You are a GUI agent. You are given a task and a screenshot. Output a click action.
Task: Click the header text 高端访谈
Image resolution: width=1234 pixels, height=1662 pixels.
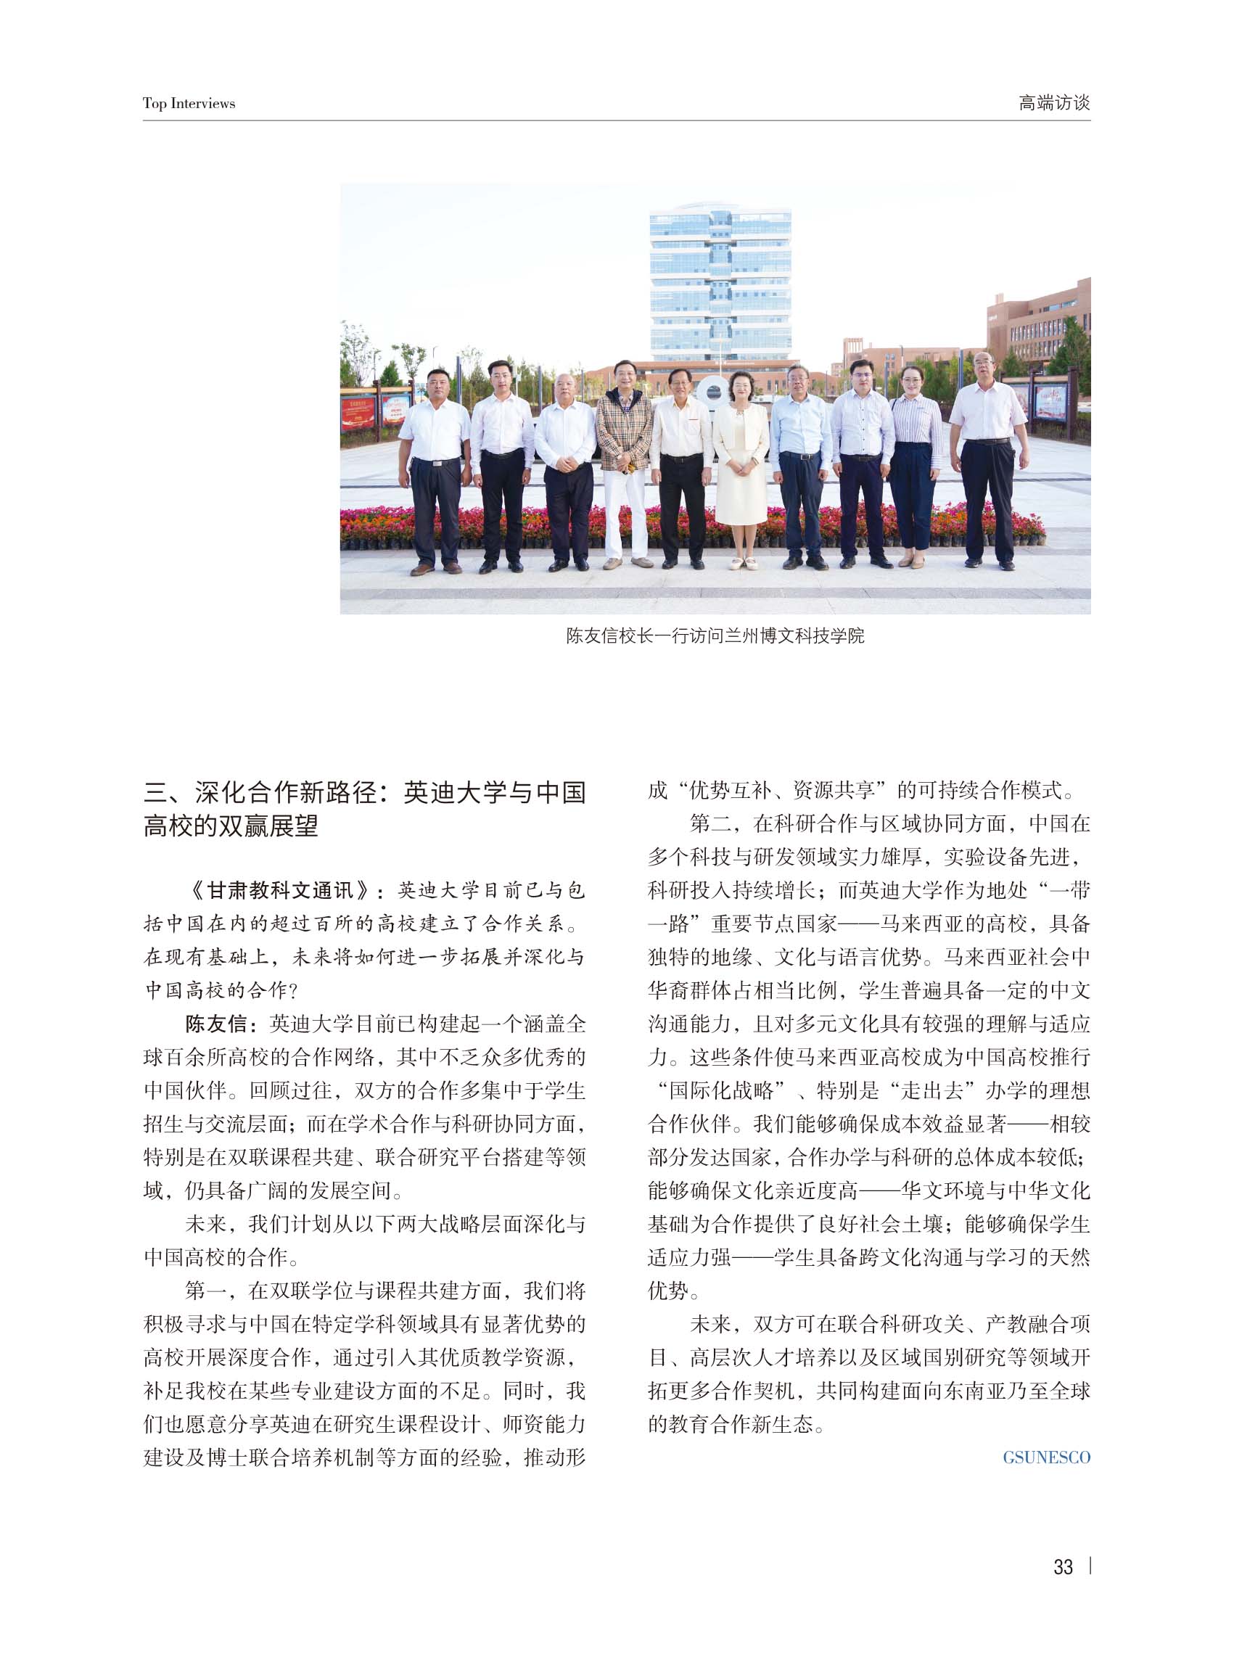pyautogui.click(x=1053, y=102)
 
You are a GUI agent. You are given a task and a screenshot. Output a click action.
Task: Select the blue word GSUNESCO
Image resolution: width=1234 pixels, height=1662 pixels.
pyautogui.click(x=1046, y=1457)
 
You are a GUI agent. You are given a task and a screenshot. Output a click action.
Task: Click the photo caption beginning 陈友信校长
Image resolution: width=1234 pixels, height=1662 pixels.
pyautogui.click(x=715, y=635)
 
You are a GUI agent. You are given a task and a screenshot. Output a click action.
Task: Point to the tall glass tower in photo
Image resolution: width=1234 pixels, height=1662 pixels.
pyautogui.click(x=720, y=284)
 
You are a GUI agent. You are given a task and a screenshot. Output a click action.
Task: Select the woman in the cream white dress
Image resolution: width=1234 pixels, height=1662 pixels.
pyautogui.click(x=740, y=463)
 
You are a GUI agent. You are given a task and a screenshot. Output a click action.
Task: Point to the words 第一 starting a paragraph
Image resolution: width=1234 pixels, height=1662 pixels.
pyautogui.click(x=205, y=1291)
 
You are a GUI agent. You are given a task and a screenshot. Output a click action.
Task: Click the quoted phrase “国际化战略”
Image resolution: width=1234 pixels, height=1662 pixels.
pyautogui.click(x=719, y=1090)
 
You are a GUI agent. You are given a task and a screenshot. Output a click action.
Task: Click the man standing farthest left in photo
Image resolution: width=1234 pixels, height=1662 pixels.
pyautogui.click(x=433, y=463)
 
